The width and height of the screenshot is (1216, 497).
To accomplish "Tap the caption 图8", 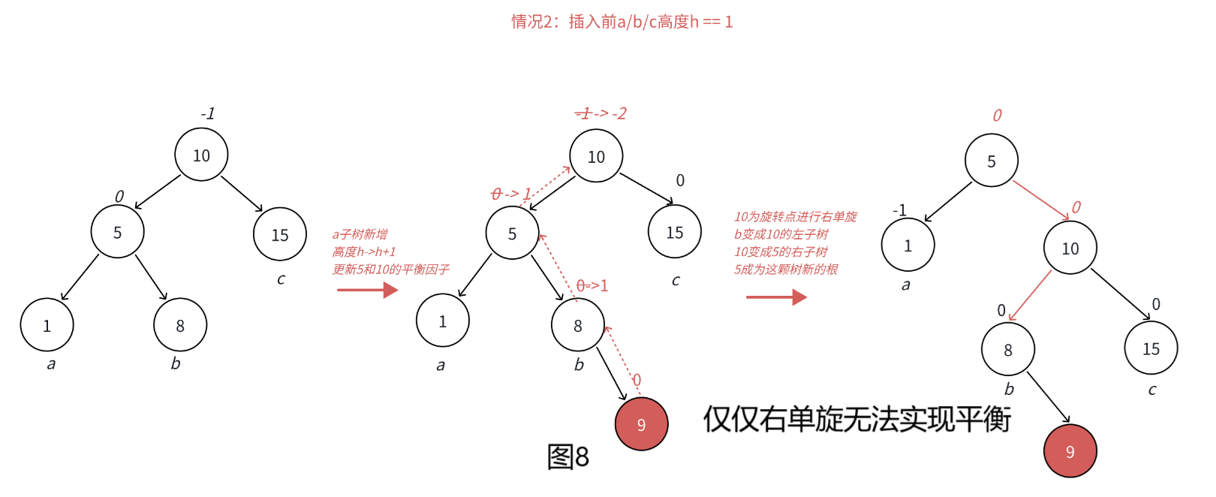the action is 567,456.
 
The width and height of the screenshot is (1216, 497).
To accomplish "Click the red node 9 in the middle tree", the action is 641,424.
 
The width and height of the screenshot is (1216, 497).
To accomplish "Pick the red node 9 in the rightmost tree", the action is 1070,451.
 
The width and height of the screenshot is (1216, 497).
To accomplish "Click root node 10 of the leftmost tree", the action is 201,155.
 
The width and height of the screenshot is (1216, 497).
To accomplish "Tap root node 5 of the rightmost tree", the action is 991,161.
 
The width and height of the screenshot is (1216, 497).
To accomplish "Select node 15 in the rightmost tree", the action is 1151,348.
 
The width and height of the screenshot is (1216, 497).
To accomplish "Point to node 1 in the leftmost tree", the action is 47,325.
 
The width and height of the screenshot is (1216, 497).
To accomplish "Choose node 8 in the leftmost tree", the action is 180,325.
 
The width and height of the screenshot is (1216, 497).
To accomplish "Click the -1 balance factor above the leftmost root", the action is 207,113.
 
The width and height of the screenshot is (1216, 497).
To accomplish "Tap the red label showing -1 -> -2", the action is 600,113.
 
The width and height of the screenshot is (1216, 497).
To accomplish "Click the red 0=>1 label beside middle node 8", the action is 592,286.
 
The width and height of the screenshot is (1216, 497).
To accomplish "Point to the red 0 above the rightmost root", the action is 997,116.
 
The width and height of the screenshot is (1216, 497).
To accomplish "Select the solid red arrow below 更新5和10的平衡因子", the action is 367,290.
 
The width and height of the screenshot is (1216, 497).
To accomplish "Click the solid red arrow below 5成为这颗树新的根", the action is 775,297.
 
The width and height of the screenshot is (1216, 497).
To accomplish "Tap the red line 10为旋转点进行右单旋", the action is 795,217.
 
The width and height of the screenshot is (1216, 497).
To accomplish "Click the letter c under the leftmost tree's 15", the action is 281,279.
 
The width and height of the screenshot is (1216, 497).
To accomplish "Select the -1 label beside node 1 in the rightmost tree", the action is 899,210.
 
